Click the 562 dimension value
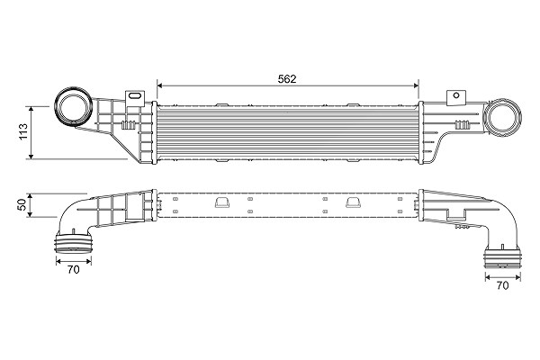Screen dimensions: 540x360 pyautogui.click(x=287, y=79)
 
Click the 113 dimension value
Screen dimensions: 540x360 pyautogui.click(x=23, y=131)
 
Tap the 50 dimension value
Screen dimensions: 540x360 pyautogui.click(x=22, y=204)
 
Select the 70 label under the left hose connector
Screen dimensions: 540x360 pyautogui.click(x=74, y=269)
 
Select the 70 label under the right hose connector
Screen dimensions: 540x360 pyautogui.click(x=503, y=285)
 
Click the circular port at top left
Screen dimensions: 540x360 pyautogui.click(x=74, y=106)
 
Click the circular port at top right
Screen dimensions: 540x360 pyautogui.click(x=503, y=118)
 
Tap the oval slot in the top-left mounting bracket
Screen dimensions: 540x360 pyautogui.click(x=135, y=95)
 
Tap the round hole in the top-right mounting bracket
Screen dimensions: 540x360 pyautogui.click(x=456, y=95)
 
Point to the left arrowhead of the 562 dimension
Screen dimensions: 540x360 pyautogui.click(x=159, y=85)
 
